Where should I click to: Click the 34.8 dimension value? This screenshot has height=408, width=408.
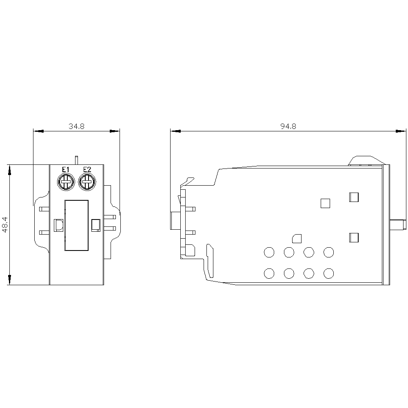[x=76, y=126]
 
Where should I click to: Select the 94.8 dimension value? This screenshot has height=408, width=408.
[x=288, y=126]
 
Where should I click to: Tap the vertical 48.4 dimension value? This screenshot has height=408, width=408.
[x=4, y=225]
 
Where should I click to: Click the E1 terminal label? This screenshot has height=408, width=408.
[x=65, y=170]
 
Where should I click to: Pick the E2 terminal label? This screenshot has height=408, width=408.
[x=86, y=170]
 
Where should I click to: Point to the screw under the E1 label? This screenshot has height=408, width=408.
[x=65, y=182]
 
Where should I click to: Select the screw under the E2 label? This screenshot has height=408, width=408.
[x=86, y=182]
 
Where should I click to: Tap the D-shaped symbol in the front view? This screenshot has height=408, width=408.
[x=58, y=225]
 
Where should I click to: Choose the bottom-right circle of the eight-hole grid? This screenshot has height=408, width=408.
[x=328, y=273]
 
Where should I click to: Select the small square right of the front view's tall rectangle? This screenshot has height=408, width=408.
[x=96, y=225]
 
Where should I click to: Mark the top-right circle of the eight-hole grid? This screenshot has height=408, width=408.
[x=328, y=253]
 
